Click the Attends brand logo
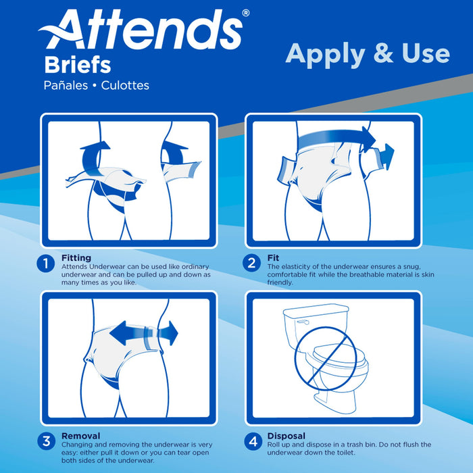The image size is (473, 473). (142, 30)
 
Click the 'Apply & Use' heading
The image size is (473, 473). (367, 53)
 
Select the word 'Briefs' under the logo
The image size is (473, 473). (78, 66)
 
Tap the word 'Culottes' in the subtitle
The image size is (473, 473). (123, 86)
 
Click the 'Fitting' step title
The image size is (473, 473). (76, 258)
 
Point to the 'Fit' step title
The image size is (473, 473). (273, 258)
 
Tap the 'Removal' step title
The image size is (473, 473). (80, 436)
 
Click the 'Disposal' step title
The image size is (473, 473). (287, 436)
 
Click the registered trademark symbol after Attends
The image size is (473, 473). (245, 12)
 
